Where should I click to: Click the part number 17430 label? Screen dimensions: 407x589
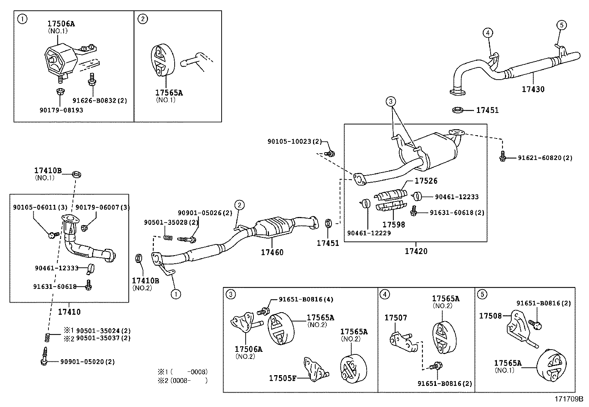533,89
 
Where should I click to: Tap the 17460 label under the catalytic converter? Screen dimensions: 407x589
272,253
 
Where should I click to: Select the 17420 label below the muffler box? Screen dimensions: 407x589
416,251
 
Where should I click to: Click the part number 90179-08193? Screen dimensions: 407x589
61,110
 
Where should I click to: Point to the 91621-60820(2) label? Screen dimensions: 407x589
545,158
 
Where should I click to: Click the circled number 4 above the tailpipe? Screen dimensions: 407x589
488,33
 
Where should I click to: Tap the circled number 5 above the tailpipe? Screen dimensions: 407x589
561,25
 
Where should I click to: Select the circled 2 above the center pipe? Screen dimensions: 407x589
239,205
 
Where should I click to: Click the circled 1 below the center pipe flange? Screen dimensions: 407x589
176,294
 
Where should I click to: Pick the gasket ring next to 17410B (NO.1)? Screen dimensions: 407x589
77,174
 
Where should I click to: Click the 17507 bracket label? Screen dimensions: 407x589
396,318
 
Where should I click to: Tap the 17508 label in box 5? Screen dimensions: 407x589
490,316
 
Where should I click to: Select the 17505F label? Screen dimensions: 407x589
282,378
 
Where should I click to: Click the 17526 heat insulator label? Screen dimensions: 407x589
426,181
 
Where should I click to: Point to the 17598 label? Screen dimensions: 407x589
393,224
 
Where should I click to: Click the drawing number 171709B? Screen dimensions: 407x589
568,399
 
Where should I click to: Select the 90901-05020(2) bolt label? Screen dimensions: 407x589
87,362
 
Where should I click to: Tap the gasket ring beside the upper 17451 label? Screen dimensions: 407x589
458,110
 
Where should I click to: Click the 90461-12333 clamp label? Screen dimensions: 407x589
57,268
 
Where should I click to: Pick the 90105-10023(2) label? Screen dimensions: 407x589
294,141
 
